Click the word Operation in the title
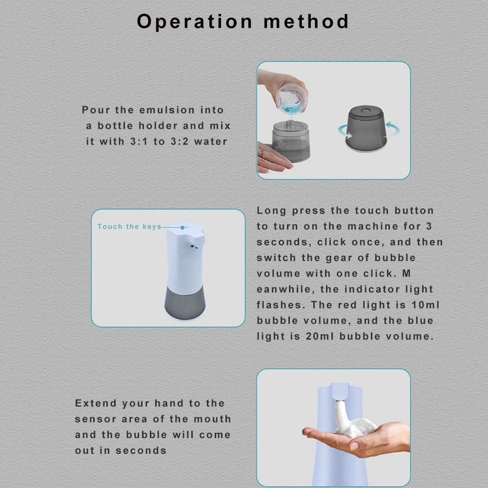click(x=195, y=22)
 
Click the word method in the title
click(x=306, y=21)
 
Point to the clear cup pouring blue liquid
click(x=291, y=98)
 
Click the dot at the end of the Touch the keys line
click(x=183, y=227)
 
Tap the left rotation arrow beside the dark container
click(x=345, y=131)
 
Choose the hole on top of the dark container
click(x=366, y=110)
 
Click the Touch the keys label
click(x=129, y=226)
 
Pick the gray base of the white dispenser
click(x=185, y=303)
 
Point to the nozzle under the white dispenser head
click(x=194, y=247)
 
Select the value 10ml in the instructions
click(x=426, y=305)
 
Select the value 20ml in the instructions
click(x=320, y=336)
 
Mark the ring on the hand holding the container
click(x=262, y=152)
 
